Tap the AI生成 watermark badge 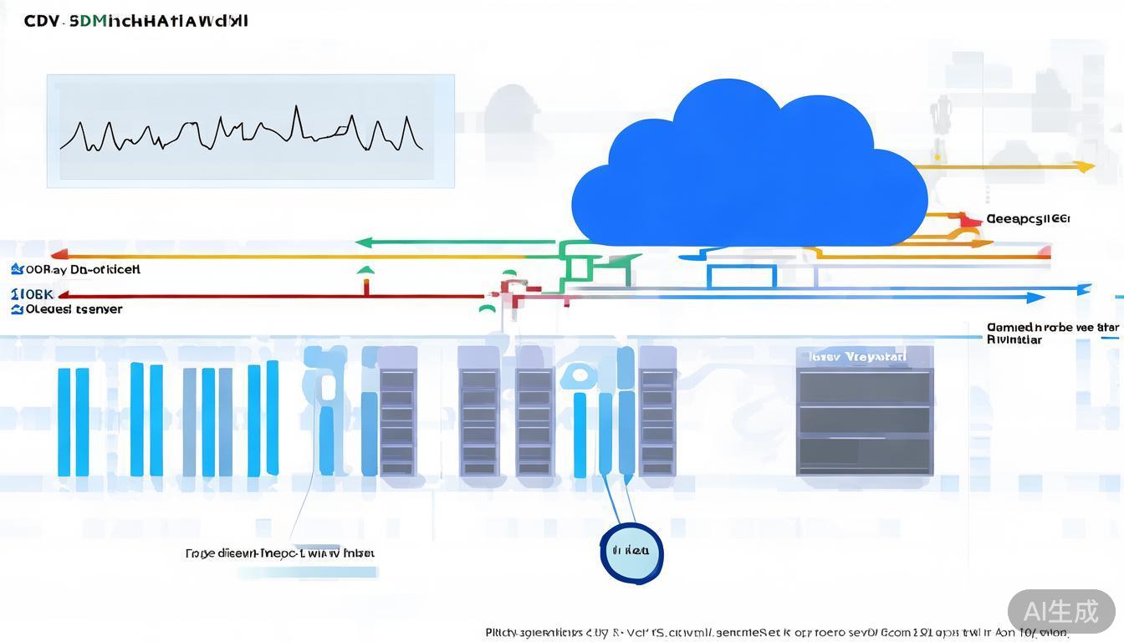click(x=1061, y=611)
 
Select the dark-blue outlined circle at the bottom click(x=631, y=552)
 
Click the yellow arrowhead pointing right click(x=1085, y=166)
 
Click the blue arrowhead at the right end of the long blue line click(x=1036, y=297)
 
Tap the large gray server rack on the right click(x=864, y=411)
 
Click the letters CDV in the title click(x=42, y=21)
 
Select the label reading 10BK click(x=33, y=294)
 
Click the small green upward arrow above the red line click(x=365, y=271)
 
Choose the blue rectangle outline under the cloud click(x=742, y=276)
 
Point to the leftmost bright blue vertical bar click(x=64, y=422)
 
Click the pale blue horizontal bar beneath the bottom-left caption click(x=307, y=573)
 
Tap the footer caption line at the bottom click(x=777, y=633)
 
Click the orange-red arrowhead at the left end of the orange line click(x=58, y=255)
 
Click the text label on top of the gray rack click(x=857, y=357)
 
